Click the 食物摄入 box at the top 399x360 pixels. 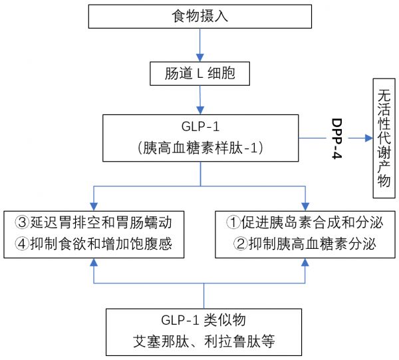200,16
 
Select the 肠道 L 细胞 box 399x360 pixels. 199,74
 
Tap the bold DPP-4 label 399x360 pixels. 337,138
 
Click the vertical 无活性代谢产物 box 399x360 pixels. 384,138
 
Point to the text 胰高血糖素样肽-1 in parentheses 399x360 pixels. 201,148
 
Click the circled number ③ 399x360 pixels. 23,222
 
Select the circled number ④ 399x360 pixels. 22,244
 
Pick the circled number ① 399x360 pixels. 233,222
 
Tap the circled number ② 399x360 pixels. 241,244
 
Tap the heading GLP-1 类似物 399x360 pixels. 203,320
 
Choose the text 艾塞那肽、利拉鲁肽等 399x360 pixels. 204,341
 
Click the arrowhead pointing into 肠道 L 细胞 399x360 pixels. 200,58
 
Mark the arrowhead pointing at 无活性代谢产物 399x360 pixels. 369,138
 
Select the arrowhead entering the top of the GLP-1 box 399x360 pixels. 200,110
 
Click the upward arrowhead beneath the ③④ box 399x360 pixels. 94,262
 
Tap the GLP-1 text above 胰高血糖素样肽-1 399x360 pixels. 201,126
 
